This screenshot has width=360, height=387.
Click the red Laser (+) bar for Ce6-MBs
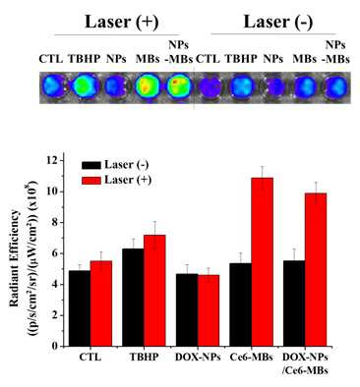[263, 262]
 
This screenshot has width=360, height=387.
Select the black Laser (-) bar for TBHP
[133, 298]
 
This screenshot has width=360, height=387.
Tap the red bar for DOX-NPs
[209, 310]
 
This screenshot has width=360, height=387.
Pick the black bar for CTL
[80, 308]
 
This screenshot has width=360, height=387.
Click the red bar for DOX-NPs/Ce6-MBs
[316, 269]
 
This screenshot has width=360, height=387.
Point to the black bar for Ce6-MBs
[241, 304]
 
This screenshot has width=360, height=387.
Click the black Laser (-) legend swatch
[90, 165]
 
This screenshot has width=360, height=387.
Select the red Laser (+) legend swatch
[90, 180]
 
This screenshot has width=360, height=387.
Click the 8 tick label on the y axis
[54, 223]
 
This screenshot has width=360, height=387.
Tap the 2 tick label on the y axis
[54, 315]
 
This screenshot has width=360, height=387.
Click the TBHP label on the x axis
[144, 358]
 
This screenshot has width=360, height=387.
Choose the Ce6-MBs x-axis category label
[252, 358]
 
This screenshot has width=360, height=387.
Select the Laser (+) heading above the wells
[122, 23]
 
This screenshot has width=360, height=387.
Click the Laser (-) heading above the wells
[278, 23]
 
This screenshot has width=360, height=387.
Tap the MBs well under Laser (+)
[148, 86]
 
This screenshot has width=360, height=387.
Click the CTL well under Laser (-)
[210, 87]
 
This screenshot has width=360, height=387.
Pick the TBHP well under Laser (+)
[85, 86]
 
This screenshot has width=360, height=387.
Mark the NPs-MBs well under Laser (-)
[336, 87]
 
